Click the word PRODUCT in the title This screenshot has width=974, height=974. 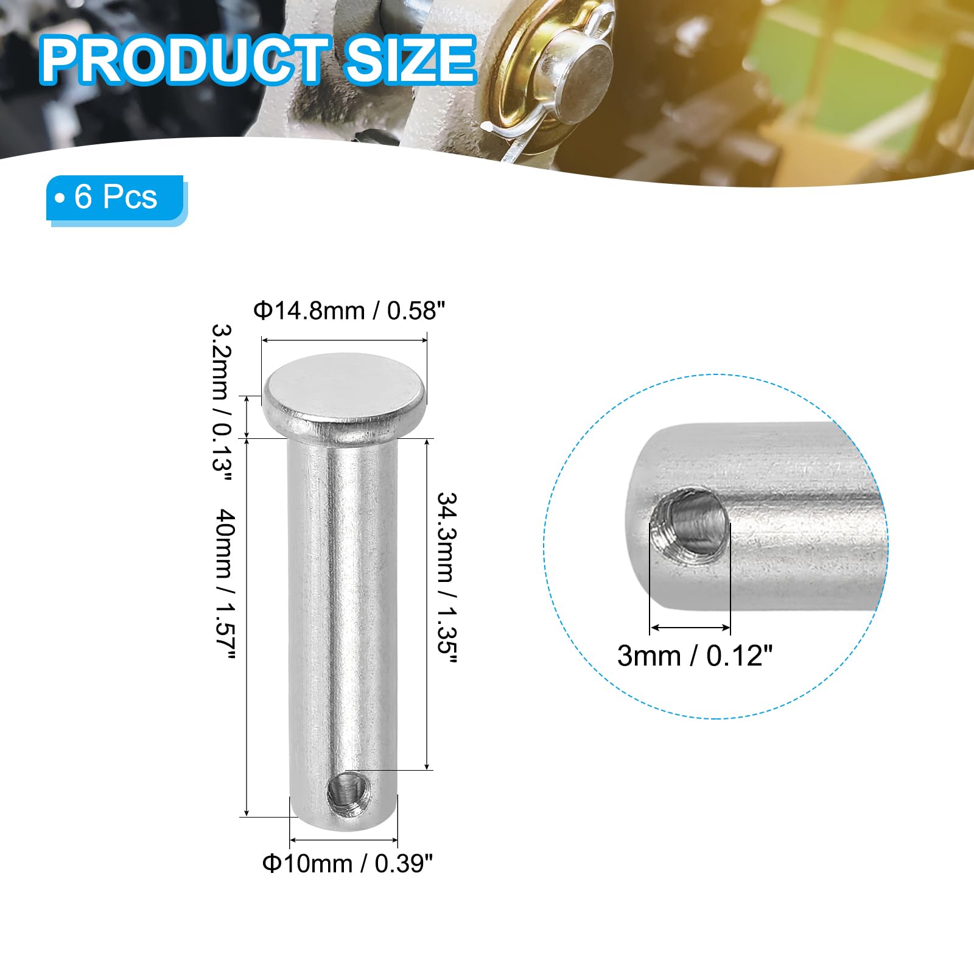pyautogui.click(x=182, y=60)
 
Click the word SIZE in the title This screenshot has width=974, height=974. pyautogui.click(x=410, y=60)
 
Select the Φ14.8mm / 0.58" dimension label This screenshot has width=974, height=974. pyautogui.click(x=349, y=311)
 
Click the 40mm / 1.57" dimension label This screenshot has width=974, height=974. pyautogui.click(x=223, y=584)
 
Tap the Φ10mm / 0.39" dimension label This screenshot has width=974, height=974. pyautogui.click(x=347, y=863)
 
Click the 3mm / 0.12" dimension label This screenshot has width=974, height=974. pyautogui.click(x=695, y=656)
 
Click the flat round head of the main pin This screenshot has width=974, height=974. pyautogui.click(x=344, y=394)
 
